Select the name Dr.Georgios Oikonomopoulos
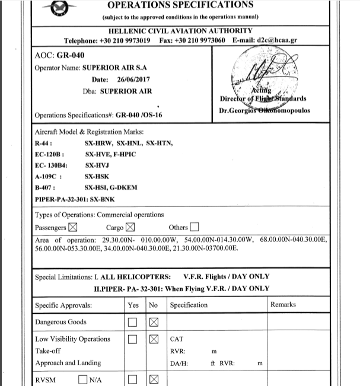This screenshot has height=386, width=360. click(260, 110)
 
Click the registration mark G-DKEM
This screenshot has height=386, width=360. click(123, 187)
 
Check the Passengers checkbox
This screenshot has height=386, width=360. click(74, 227)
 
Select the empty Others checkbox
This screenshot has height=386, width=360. click(195, 227)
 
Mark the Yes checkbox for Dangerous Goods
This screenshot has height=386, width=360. click(133, 323)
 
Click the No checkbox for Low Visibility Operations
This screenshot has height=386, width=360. click(154, 340)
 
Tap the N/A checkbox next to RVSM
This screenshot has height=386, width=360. click(83, 380)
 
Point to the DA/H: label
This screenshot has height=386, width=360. click(179, 363)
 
